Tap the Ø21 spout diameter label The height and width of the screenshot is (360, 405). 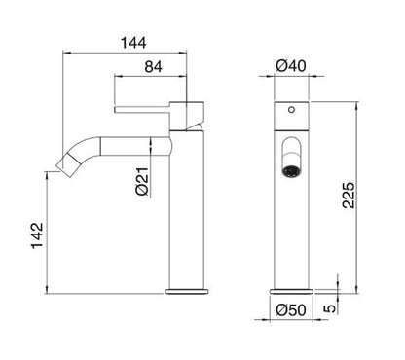142,182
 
